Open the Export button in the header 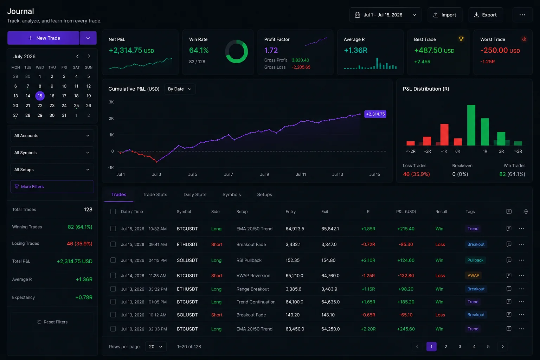[486, 15]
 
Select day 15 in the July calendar [40, 96]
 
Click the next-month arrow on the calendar [89, 56]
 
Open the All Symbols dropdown [52, 153]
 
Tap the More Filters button [52, 186]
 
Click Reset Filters [52, 322]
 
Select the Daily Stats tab [195, 194]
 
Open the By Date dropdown [180, 89]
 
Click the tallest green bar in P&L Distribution [471, 125]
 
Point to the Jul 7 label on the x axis [229, 174]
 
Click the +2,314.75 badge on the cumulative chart [375, 114]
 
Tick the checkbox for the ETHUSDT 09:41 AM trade [113, 244]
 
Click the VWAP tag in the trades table [473, 275]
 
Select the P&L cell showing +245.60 [406, 329]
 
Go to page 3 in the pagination [460, 347]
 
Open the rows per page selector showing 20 [156, 347]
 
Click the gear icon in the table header [526, 212]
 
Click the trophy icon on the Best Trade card [461, 39]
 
